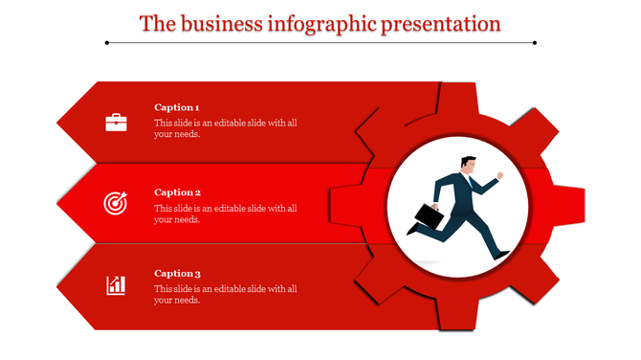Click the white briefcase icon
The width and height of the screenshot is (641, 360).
click(x=116, y=122)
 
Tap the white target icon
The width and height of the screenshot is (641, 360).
click(x=116, y=203)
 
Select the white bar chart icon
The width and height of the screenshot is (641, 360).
click(x=116, y=284)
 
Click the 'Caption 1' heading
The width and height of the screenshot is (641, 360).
click(x=177, y=107)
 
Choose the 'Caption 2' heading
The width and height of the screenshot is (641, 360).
click(x=177, y=191)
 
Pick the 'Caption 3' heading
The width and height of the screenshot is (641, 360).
click(x=177, y=273)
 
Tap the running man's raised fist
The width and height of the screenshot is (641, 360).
click(x=499, y=176)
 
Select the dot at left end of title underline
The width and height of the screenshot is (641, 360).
click(x=107, y=42)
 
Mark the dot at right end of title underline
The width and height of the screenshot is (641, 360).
click(x=534, y=42)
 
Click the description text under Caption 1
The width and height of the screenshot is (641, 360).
click(x=226, y=128)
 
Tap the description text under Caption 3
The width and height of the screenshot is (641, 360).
click(x=226, y=294)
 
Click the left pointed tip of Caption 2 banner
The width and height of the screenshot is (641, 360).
click(x=59, y=204)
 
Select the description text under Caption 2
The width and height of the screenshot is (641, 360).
click(x=226, y=214)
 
